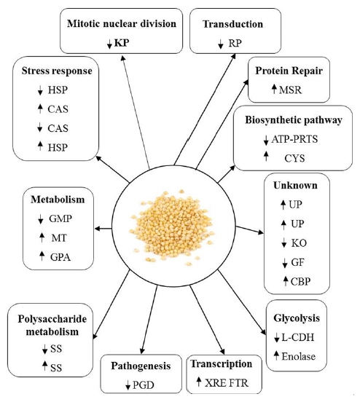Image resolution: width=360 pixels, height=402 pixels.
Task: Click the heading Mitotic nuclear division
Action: pyautogui.click(x=122, y=23)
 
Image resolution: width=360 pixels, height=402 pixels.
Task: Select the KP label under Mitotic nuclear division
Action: pyautogui.click(x=122, y=43)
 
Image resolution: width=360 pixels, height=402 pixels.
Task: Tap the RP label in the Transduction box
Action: pyautogui.click(x=235, y=43)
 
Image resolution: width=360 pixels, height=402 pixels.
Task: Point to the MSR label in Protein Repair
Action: pyautogui.click(x=290, y=90)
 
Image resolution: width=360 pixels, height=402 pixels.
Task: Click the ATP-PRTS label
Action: pyautogui.click(x=294, y=139)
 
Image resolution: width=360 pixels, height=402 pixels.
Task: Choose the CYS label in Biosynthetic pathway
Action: pyautogui.click(x=294, y=159)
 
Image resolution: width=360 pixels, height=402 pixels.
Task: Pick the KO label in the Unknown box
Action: pyautogui.click(x=299, y=243)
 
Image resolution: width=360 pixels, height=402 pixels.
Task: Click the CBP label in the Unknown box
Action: pyautogui.click(x=300, y=282)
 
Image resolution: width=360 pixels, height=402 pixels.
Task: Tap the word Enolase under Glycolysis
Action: pyautogui.click(x=298, y=356)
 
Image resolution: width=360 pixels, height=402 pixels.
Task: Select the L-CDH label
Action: pyautogui.click(x=297, y=337)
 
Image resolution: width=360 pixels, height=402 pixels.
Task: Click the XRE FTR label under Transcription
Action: pyautogui.click(x=227, y=383)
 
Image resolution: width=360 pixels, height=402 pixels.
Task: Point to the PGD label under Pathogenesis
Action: pyautogui.click(x=143, y=385)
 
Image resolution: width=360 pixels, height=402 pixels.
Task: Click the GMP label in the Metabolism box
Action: pyautogui.click(x=60, y=218)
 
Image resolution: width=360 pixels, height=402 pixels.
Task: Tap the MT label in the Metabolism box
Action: pyautogui.click(x=59, y=238)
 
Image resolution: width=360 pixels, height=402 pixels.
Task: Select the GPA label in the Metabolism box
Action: pyautogui.click(x=60, y=257)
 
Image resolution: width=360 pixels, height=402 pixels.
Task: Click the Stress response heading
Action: pyautogui.click(x=57, y=71)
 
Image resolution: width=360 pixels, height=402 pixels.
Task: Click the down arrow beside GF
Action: pyautogui.click(x=284, y=264)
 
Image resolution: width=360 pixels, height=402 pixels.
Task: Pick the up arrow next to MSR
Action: pyautogui.click(x=274, y=90)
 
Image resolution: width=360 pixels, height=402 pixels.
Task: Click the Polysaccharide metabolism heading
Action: pyautogui.click(x=52, y=326)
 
